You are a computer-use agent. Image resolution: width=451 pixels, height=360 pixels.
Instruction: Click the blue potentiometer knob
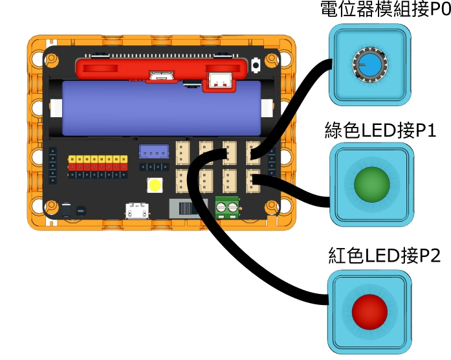369,64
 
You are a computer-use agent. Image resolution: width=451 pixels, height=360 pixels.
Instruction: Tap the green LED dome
371,184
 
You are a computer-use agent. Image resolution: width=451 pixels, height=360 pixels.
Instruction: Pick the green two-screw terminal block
226,208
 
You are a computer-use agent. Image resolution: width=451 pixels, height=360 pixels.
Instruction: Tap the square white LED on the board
155,185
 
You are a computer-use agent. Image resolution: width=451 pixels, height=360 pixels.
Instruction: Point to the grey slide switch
186,208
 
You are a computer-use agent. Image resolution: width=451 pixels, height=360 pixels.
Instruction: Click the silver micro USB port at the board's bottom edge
138,210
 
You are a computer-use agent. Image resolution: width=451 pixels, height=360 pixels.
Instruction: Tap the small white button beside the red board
257,65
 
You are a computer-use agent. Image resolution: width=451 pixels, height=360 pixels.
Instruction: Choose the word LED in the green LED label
379,131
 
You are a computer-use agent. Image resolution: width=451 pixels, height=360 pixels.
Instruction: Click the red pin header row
98,166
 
